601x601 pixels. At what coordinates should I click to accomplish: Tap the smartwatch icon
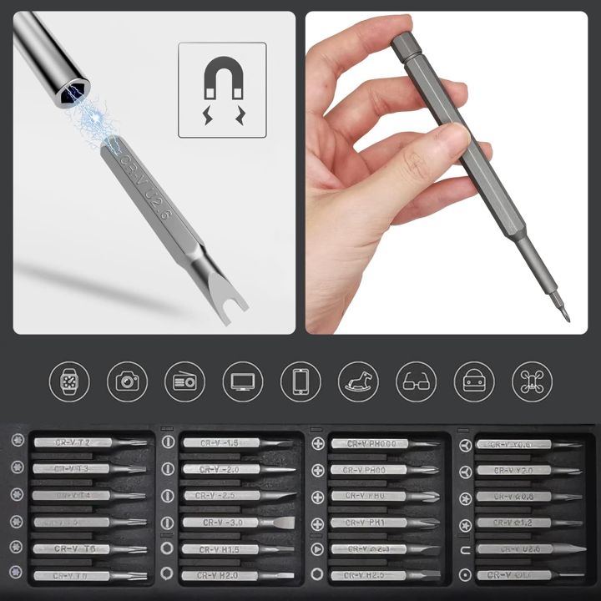tap(69, 381)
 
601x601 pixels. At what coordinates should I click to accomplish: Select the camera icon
tap(127, 381)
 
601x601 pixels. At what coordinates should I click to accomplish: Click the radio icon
tap(184, 381)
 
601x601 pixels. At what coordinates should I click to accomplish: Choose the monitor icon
tap(242, 381)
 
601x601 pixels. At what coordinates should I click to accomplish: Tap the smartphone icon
tap(300, 381)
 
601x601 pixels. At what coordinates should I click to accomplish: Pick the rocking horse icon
tap(358, 381)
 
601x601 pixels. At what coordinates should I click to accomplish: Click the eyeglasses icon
tap(416, 381)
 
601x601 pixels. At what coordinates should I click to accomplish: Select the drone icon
tap(532, 381)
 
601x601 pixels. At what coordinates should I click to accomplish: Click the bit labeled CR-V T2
tap(88, 443)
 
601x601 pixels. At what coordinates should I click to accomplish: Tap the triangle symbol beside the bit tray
tap(316, 549)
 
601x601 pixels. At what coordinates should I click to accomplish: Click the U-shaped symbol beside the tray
tap(463, 550)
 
